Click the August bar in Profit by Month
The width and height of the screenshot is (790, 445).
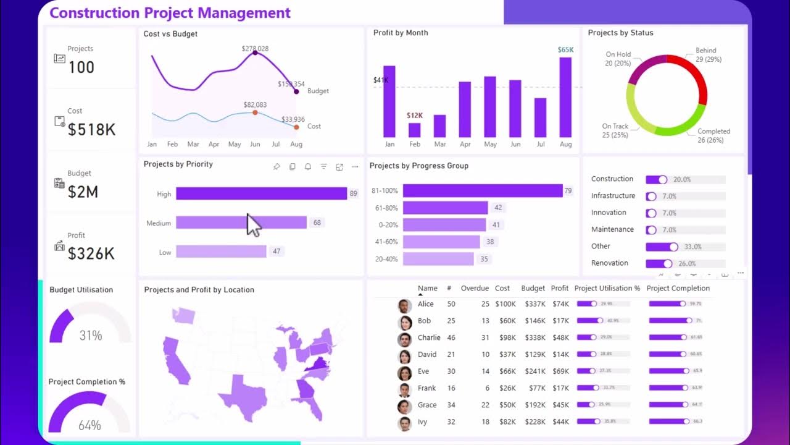[x=565, y=97]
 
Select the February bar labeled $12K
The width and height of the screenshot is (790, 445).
[x=414, y=130]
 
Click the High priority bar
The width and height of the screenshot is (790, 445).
[x=261, y=193]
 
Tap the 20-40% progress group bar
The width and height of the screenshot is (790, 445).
[x=438, y=259]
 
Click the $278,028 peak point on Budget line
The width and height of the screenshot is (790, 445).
[x=255, y=53]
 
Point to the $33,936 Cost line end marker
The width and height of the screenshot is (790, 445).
[x=296, y=127]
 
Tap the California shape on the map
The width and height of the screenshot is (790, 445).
[x=177, y=359]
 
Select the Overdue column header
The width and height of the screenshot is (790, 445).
[x=474, y=288]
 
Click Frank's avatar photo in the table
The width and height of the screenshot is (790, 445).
[x=404, y=389]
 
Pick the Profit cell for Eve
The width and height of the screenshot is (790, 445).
[x=560, y=371]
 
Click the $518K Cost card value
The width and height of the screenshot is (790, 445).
[x=91, y=130]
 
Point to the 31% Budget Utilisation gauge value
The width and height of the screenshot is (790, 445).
[x=91, y=336]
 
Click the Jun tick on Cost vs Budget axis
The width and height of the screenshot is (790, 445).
[x=255, y=144]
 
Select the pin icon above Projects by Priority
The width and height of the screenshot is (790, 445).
[x=276, y=167]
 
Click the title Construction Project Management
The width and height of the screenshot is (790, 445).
[x=170, y=13]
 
